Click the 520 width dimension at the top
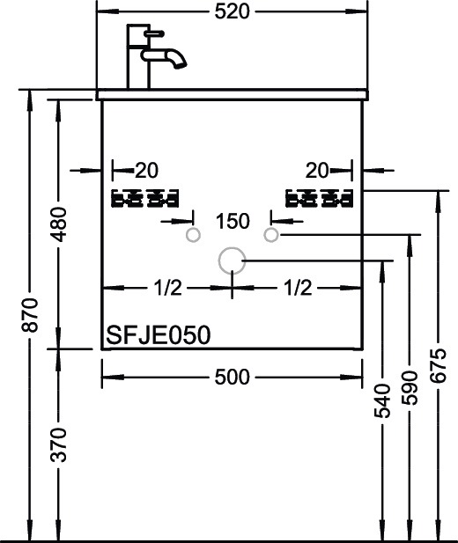[232, 11]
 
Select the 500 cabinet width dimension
[232, 377]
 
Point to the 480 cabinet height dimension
[59, 225]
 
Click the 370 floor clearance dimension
[59, 445]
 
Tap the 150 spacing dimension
[232, 220]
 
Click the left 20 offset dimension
[146, 169]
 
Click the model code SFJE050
[157, 335]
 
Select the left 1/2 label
[167, 288]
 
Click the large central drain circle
[231, 260]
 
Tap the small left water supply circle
[193, 235]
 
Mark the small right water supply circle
[271, 234]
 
